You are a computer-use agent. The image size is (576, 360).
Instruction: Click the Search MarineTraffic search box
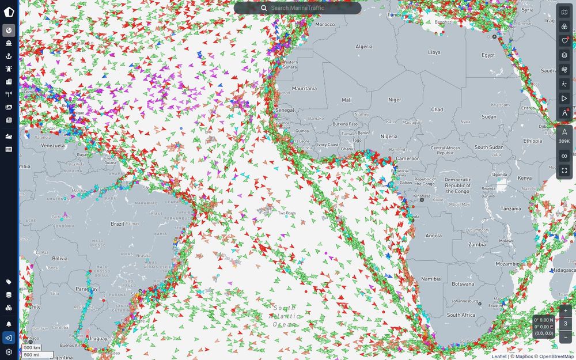[x=297, y=8]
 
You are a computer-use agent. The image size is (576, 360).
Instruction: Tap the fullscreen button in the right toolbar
[x=564, y=170]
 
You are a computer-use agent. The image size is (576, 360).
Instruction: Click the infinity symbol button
[x=564, y=156]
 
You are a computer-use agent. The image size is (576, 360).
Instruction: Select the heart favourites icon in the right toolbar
[x=564, y=41]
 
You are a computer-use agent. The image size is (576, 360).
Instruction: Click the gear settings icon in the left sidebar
[x=9, y=352]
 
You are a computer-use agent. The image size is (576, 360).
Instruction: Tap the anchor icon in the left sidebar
[x=9, y=56]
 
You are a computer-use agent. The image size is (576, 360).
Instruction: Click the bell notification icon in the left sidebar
[x=9, y=324]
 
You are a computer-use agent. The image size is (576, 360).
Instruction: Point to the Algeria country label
[x=364, y=47]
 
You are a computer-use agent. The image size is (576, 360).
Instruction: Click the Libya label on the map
[x=434, y=52]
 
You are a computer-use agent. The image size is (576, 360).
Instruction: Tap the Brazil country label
[x=118, y=223]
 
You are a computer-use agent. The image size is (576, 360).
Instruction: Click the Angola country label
[x=433, y=236]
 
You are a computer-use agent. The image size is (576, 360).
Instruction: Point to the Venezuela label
[x=52, y=146]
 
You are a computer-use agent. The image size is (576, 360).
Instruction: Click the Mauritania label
[x=304, y=89]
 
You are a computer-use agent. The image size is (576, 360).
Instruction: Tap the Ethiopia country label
[x=532, y=141]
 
